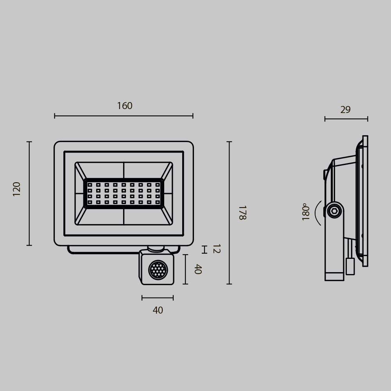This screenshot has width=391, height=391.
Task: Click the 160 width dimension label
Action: [x=125, y=106]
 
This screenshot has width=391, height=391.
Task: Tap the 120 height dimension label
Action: [x=17, y=189]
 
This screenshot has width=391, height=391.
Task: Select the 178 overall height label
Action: [x=242, y=213]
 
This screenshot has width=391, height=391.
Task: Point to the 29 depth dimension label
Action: [x=345, y=110]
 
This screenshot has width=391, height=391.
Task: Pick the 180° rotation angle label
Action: [x=306, y=212]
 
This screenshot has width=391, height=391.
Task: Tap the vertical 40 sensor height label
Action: [x=198, y=269]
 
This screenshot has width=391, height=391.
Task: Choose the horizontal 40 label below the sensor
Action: [x=158, y=310]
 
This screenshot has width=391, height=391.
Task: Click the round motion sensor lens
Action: [x=158, y=270]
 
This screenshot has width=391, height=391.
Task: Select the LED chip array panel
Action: [x=124, y=194]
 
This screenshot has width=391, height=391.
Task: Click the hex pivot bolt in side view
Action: [x=334, y=211]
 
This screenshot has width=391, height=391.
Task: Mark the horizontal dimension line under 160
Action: [x=124, y=116]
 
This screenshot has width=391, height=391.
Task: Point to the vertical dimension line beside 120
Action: [x=29, y=194]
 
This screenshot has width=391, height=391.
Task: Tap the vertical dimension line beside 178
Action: [x=230, y=213]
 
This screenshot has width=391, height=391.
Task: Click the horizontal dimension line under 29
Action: [x=346, y=119]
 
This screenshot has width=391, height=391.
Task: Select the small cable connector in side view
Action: [x=350, y=266]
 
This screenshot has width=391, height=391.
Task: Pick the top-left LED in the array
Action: [x=90, y=185]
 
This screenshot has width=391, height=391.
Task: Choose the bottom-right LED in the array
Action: [x=158, y=202]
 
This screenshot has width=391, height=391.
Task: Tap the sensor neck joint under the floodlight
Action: [x=156, y=248]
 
